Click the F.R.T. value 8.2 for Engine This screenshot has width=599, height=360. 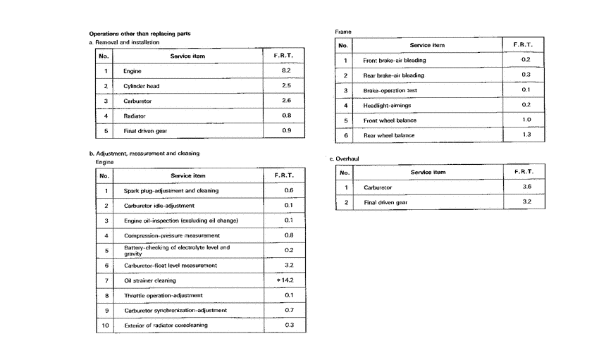coord(286,71)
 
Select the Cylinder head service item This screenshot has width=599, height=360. coord(140,86)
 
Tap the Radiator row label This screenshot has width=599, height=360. coord(135,116)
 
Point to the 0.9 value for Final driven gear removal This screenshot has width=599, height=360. coord(286,130)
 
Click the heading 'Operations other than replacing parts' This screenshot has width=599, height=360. coord(140,33)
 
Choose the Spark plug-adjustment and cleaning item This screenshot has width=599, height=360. coord(171,191)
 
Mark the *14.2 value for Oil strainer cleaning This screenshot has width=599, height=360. coord(285,280)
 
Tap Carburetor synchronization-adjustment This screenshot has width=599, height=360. coord(175,310)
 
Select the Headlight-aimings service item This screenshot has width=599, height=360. coord(387,105)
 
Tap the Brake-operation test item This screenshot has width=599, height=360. coord(389,90)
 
